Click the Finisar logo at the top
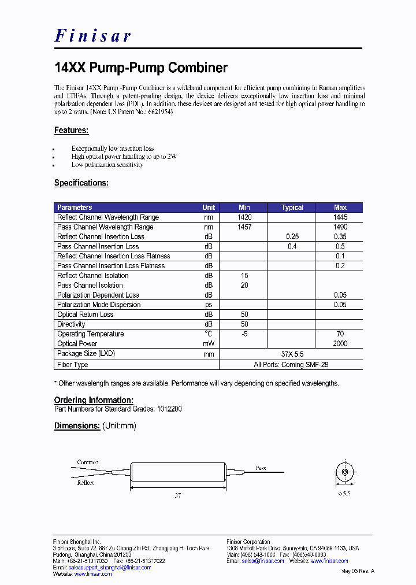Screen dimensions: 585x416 point(93,36)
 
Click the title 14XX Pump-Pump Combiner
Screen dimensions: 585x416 point(141,68)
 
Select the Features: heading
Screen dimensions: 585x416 point(71,131)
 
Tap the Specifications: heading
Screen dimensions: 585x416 point(81,183)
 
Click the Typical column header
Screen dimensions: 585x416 point(292,208)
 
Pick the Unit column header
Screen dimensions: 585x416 point(209,208)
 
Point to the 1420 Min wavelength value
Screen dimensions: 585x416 point(244,217)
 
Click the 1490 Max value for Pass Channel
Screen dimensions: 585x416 point(340,227)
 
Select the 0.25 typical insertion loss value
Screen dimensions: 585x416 point(292,237)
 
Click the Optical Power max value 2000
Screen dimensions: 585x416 point(340,344)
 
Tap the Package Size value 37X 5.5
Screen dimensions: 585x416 point(291,354)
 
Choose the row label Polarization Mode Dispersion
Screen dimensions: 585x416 point(99,305)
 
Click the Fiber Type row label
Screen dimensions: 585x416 point(73,365)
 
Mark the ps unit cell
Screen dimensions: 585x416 point(209,305)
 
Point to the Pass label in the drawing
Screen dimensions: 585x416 point(261,468)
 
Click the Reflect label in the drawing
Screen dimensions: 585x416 point(86,483)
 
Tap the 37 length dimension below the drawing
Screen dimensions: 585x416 point(178,495)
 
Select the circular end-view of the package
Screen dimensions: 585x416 point(344,472)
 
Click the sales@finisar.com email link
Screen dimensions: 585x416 point(262,561)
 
